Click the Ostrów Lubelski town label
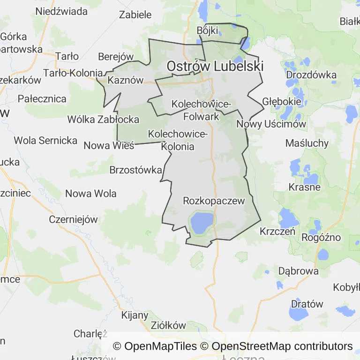[215, 67]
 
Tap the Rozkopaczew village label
[214, 201]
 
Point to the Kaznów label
[125, 80]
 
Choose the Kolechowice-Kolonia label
[178, 140]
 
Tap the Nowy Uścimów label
[271, 124]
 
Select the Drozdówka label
[311, 75]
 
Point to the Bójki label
[208, 30]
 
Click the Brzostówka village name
[136, 170]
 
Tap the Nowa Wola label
[91, 194]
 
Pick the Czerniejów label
[73, 219]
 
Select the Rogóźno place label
[321, 237]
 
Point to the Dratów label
[307, 304]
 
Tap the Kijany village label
[135, 315]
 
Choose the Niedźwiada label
[61, 11]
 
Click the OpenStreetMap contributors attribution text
[282, 346]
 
